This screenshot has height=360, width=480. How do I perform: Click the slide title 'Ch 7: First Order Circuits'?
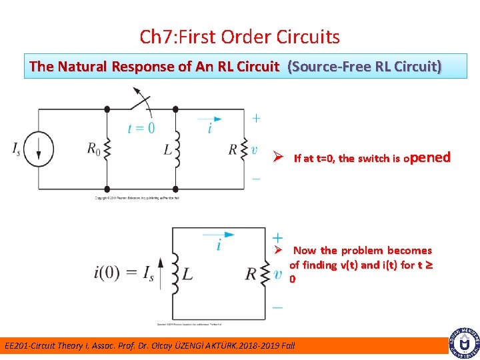coord(240,37)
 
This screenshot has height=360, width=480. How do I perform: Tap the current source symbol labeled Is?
coord(39,150)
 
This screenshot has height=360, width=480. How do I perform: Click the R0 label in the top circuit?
coord(94,149)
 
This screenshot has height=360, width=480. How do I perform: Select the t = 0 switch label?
coord(141,128)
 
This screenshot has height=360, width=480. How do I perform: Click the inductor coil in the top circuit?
coord(177,150)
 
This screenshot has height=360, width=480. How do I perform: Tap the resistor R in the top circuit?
coord(243,149)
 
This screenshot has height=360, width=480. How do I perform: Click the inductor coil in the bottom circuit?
coord(175,273)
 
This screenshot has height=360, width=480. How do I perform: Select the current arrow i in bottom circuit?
coord(219,238)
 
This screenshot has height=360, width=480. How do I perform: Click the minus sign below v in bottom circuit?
coord(277,307)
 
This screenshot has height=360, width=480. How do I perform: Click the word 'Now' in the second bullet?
coord(305,251)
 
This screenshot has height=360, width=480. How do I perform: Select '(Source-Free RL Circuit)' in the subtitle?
coord(364,67)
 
